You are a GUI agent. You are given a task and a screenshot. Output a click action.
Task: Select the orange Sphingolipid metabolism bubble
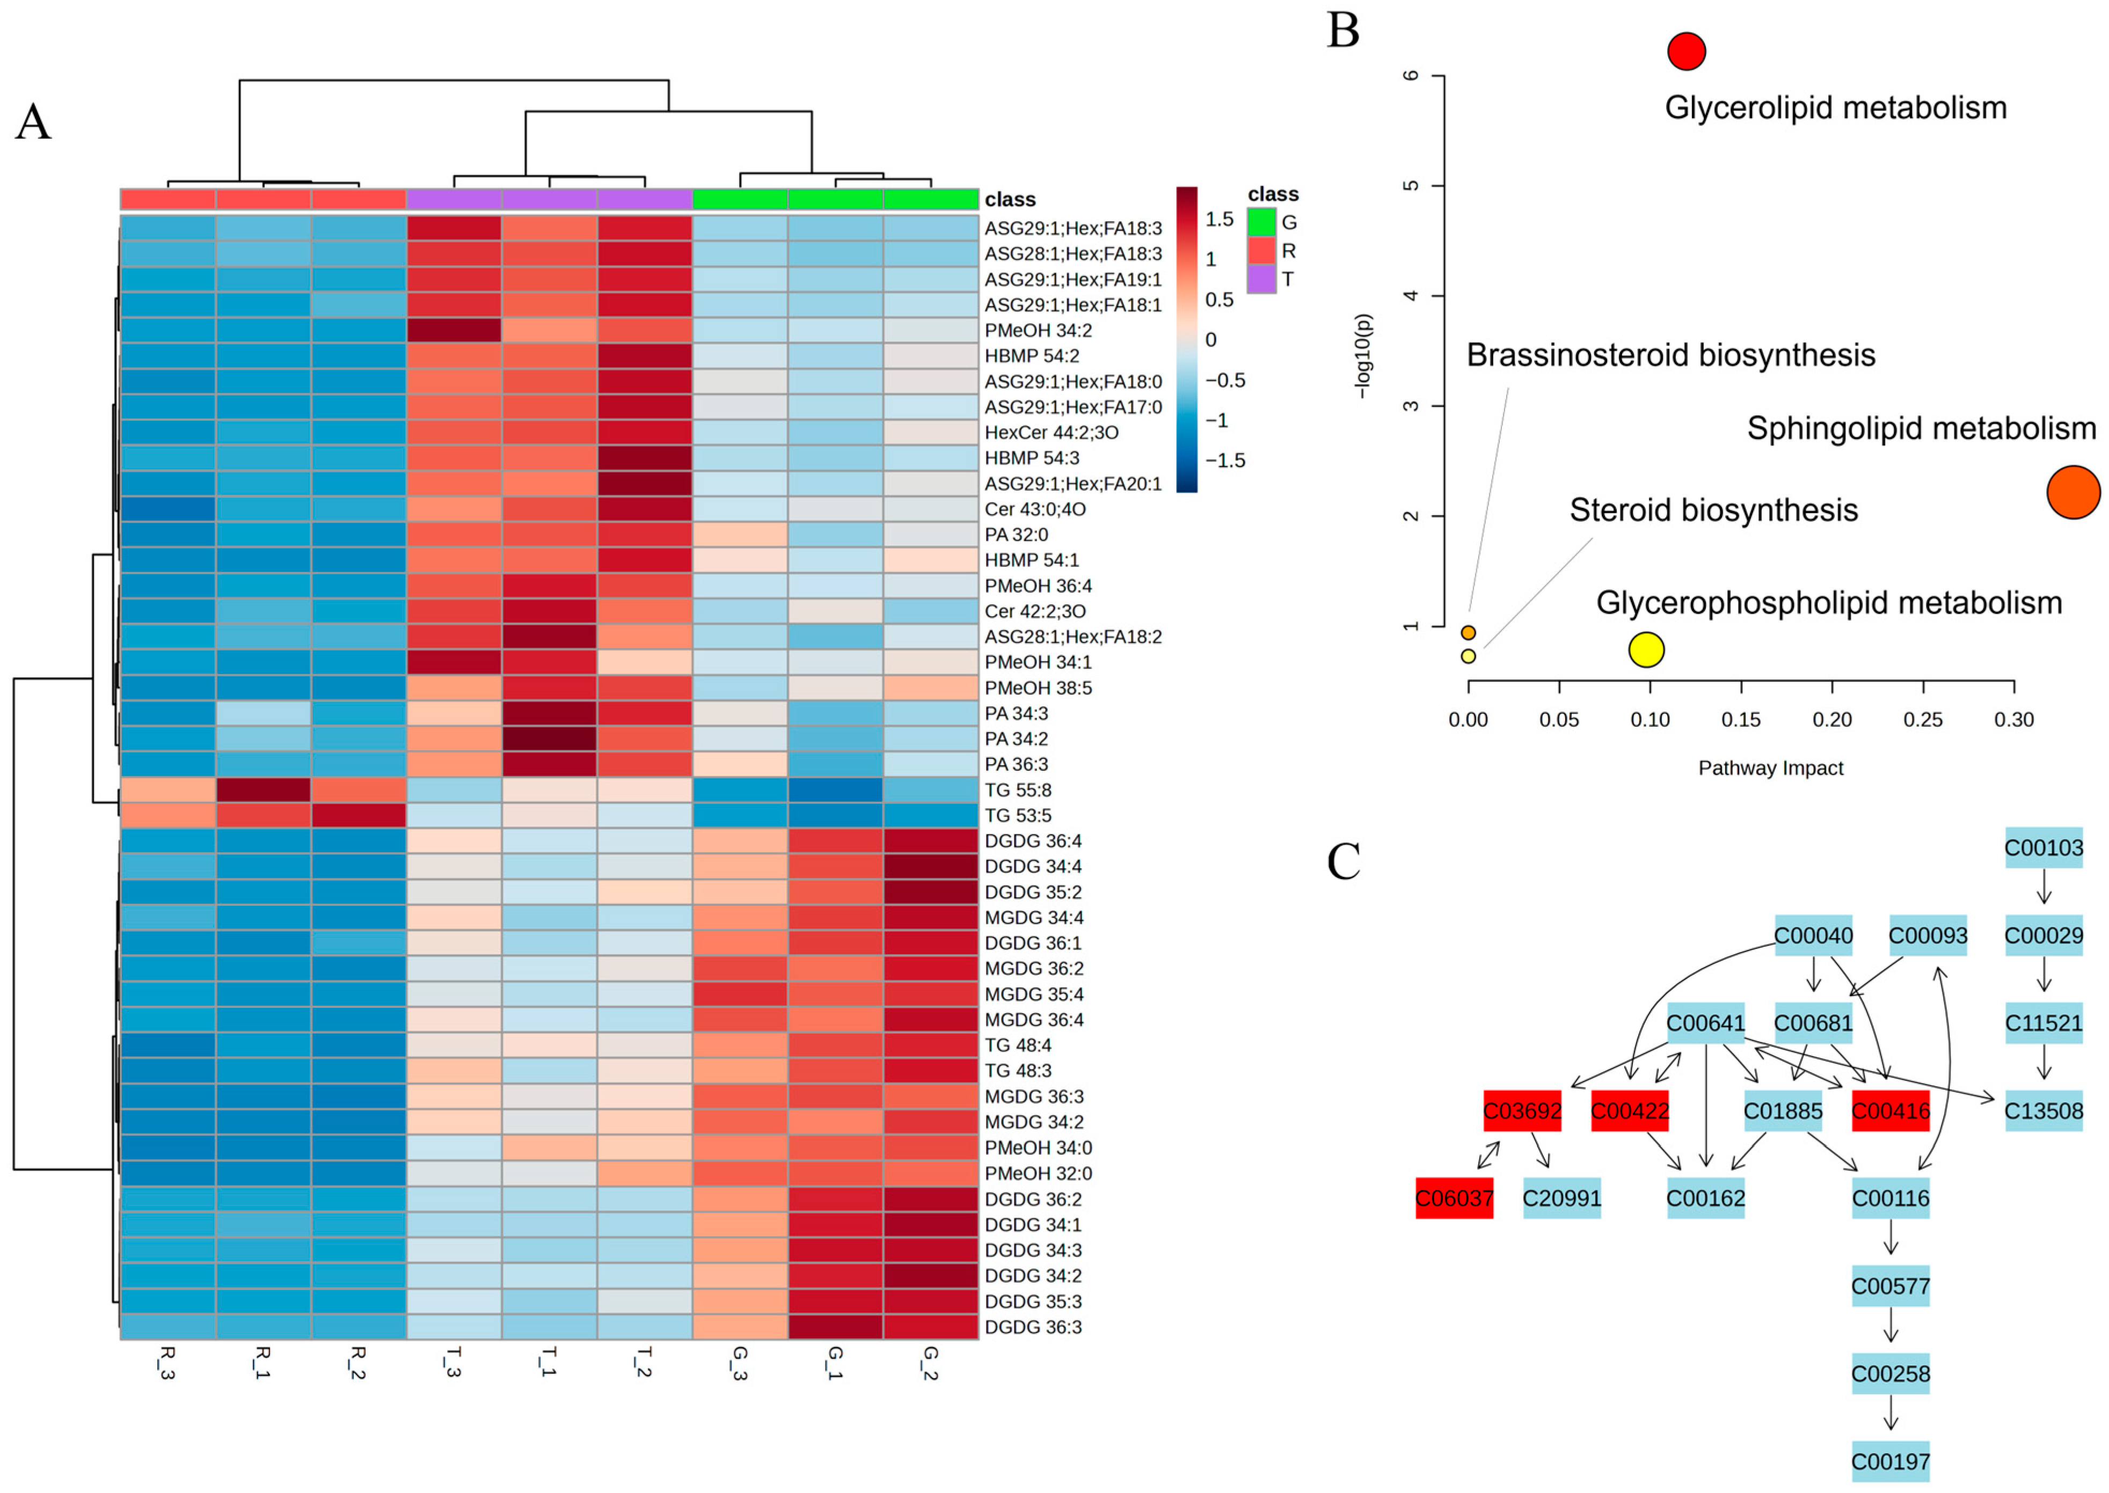(2072, 492)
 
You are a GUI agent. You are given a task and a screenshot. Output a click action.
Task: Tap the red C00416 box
(1889, 1110)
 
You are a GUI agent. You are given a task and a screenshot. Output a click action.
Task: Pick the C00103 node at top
(2043, 847)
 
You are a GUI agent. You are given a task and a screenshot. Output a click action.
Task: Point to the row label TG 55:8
(1018, 790)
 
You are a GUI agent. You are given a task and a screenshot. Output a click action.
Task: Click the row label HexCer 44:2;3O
(1051, 432)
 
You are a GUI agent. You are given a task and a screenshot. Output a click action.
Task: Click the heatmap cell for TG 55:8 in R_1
(263, 790)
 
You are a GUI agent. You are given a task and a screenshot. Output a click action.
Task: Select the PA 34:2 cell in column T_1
(549, 739)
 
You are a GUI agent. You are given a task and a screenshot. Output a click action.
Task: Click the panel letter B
(1342, 31)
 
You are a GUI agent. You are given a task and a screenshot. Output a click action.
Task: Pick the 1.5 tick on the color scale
(1219, 219)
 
